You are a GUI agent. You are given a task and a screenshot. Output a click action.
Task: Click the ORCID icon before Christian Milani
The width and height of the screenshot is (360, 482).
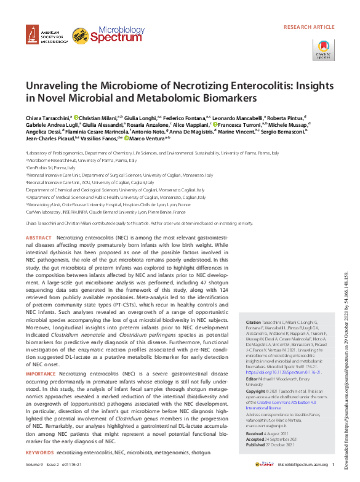tap(76, 116)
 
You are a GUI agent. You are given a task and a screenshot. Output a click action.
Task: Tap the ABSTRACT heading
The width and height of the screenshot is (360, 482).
tap(39, 237)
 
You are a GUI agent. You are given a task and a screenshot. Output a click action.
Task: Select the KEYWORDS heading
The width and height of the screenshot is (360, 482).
tap(39, 452)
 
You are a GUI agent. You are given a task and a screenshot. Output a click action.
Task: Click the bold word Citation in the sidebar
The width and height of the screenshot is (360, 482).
tap(253, 339)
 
